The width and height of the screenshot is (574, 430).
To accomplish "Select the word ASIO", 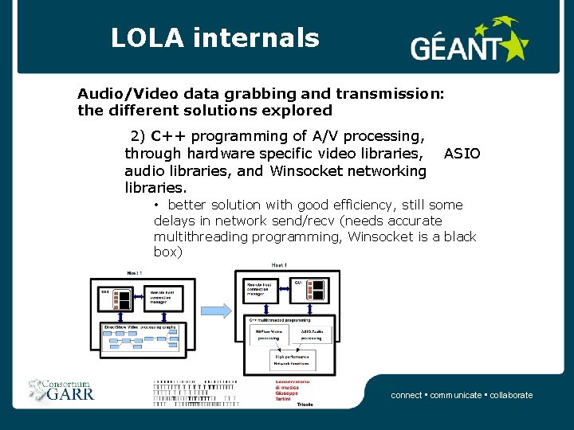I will click(462, 153).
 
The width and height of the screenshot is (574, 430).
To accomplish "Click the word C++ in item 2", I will click(168, 135).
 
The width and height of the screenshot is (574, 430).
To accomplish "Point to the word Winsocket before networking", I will click(307, 170).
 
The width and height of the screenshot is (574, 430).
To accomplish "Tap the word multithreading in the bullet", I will click(200, 236).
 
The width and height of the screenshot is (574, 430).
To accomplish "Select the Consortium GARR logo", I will click(62, 388).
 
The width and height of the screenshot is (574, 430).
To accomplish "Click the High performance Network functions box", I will click(293, 362).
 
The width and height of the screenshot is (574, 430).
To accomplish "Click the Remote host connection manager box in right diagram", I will click(257, 288).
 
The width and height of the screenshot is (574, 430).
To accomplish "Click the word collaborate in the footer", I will click(511, 395).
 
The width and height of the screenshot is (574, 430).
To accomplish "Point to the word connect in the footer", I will click(407, 395).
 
